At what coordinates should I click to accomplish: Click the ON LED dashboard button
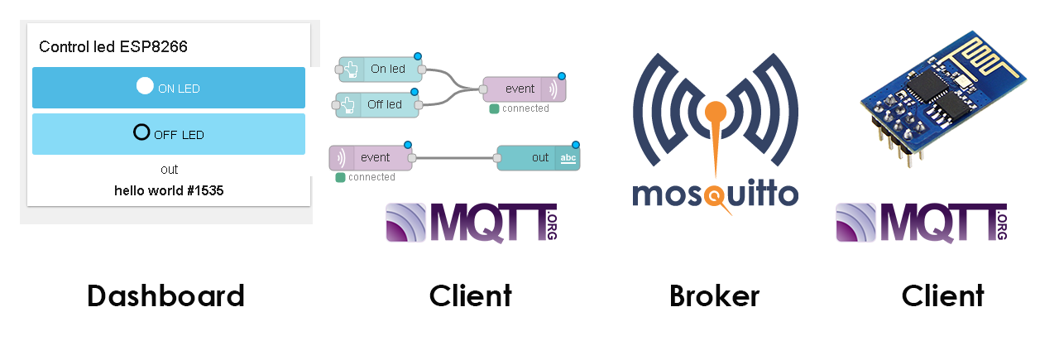point(169,88)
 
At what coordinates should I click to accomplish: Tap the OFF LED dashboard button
point(169,134)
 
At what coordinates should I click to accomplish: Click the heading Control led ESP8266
point(113,47)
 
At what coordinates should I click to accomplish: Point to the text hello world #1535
point(169,190)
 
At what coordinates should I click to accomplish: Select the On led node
point(381,70)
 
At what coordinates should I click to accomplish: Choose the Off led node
point(378,105)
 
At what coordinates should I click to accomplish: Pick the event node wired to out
point(371,158)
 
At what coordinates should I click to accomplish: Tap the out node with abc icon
point(539,158)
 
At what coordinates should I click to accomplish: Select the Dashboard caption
point(165,295)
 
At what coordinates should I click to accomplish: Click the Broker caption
point(714,295)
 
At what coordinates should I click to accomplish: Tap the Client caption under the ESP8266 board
point(942,295)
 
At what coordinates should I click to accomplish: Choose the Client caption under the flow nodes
point(470,295)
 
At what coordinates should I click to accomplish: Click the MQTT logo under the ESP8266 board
point(921,223)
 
